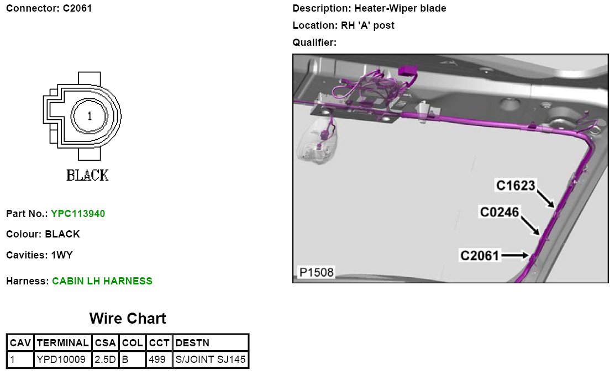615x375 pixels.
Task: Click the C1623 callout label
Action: (516, 186)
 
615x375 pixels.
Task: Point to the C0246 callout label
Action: (500, 212)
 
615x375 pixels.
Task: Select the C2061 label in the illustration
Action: (480, 255)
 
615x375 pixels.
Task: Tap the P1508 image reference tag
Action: (316, 272)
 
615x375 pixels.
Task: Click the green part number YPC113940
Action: (78, 213)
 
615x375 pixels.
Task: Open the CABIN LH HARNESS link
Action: (102, 281)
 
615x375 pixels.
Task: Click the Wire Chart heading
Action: (128, 319)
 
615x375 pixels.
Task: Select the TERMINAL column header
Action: (62, 343)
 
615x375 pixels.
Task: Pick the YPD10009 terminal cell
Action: (61, 360)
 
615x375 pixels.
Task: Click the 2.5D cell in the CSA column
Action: (105, 360)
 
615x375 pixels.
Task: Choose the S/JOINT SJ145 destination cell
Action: (211, 360)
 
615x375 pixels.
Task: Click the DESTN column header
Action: (192, 343)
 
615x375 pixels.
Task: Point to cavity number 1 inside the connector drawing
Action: (90, 116)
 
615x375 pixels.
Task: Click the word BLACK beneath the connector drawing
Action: (87, 176)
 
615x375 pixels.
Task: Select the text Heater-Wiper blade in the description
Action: (400, 8)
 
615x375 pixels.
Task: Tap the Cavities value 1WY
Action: (61, 255)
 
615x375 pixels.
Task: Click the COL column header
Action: (133, 343)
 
